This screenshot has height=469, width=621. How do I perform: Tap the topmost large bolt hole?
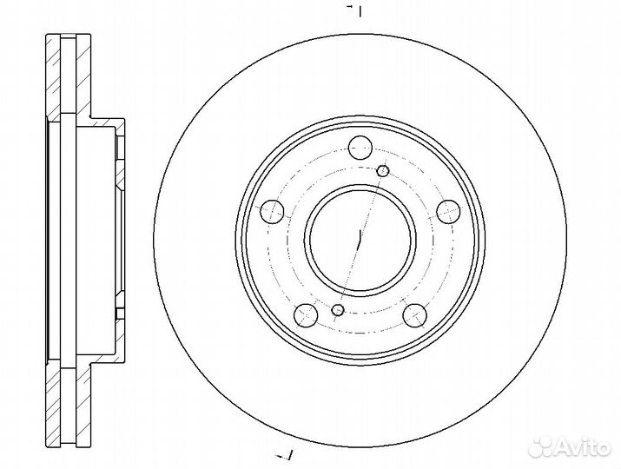click(360, 149)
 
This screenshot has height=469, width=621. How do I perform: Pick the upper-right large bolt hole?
click(447, 208)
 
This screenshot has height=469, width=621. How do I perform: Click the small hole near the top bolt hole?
click(382, 171)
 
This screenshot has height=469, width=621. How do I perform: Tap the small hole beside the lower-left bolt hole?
click(339, 310)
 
